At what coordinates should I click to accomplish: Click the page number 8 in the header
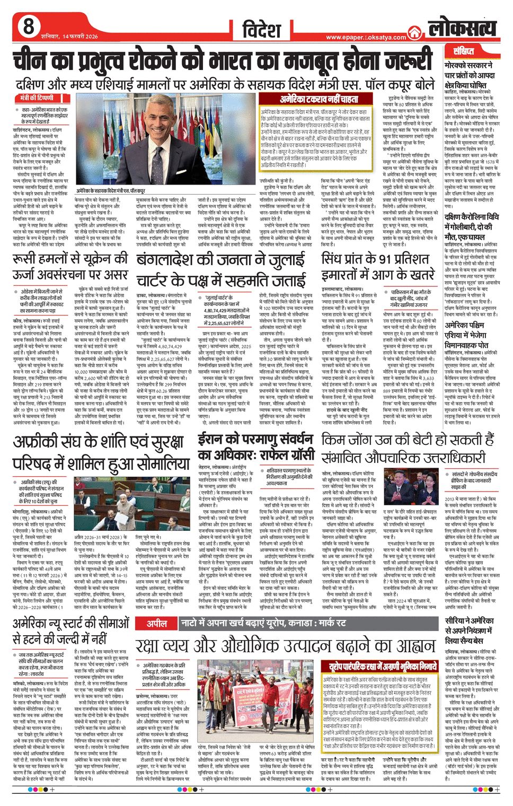(x=28, y=26)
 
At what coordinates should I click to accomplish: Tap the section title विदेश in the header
(x=261, y=30)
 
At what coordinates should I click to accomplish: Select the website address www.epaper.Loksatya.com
(x=366, y=37)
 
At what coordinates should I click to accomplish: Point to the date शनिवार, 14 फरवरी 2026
(x=69, y=37)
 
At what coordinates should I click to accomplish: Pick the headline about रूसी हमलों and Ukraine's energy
(x=70, y=267)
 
